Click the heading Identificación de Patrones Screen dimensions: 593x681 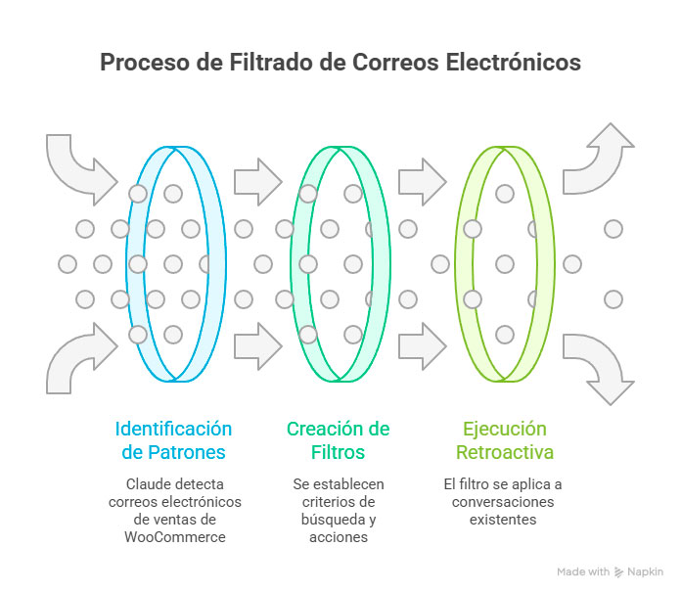click(174, 440)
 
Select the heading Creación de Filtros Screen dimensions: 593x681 click(338, 440)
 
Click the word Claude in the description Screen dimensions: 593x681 click(148, 484)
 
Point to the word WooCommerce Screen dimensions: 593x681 click(174, 537)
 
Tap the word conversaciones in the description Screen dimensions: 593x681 click(502, 502)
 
